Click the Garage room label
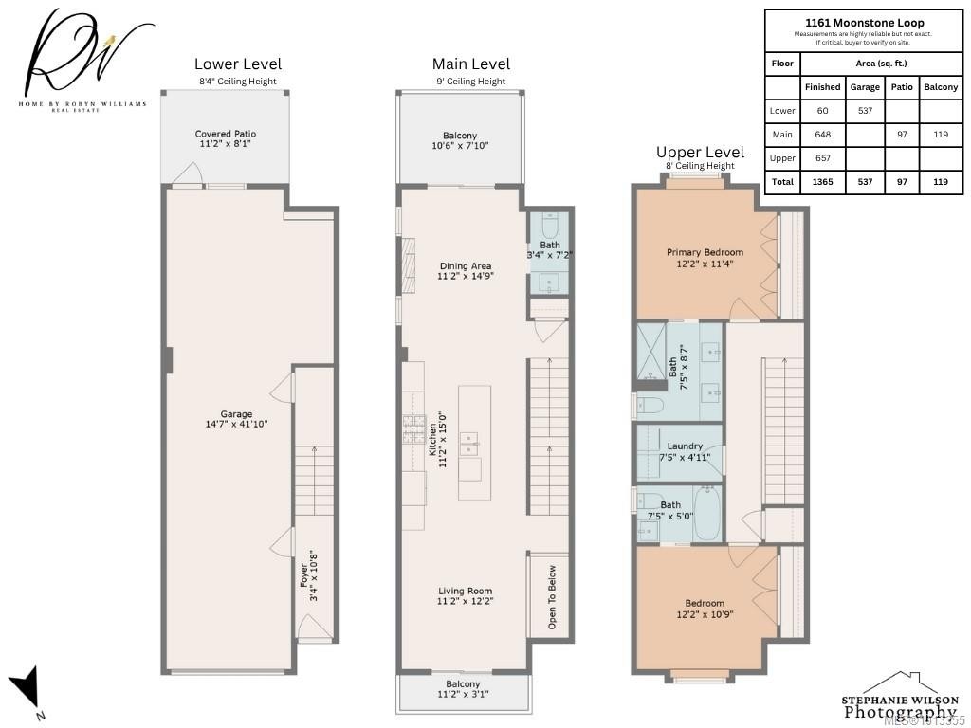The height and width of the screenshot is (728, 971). point(236,419)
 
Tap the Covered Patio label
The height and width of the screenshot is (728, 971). point(225,139)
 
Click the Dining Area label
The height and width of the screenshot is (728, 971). point(465,270)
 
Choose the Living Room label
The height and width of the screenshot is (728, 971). point(465,595)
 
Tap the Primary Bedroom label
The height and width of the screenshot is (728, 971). point(705,258)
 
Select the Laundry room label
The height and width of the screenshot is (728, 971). point(685,451)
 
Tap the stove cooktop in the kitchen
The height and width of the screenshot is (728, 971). point(413,430)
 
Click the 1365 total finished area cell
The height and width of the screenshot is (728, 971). point(822,181)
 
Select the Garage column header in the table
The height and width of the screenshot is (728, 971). point(865,86)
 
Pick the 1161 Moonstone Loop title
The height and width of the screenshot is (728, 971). point(864,23)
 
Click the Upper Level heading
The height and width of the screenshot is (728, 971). point(700,152)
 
